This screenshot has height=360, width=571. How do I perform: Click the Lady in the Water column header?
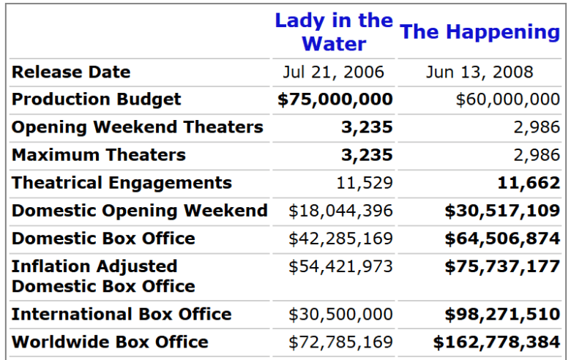point(334,31)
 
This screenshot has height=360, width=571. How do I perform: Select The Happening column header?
point(480,31)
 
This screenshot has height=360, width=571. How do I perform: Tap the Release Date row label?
point(71,72)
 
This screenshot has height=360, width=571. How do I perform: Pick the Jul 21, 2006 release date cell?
point(334,72)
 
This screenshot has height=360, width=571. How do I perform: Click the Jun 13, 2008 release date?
point(480,72)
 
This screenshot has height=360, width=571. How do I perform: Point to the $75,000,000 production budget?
point(335,100)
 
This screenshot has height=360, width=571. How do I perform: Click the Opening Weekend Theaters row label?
point(137,127)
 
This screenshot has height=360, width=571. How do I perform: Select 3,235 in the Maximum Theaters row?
point(367,155)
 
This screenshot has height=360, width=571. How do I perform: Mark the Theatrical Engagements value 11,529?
point(365,183)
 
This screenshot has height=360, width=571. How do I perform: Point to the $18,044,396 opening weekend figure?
point(340,211)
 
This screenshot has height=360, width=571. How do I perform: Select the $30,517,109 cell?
point(502,211)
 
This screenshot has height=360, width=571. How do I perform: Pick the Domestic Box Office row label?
point(103,239)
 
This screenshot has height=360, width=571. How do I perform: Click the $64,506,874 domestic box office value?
point(502,239)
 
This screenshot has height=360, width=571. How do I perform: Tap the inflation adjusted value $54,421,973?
point(340,266)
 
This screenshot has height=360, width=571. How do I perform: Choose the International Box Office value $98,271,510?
point(502,315)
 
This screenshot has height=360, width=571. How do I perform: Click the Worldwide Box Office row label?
point(110,342)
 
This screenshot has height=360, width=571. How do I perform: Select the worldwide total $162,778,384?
point(496,342)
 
